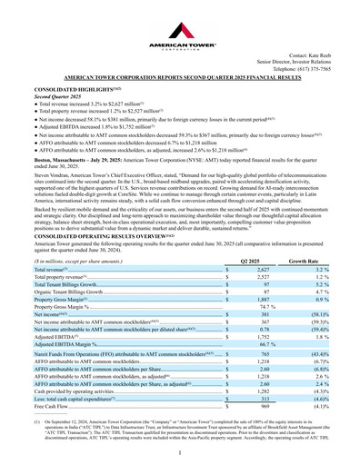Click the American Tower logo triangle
[180, 19]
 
